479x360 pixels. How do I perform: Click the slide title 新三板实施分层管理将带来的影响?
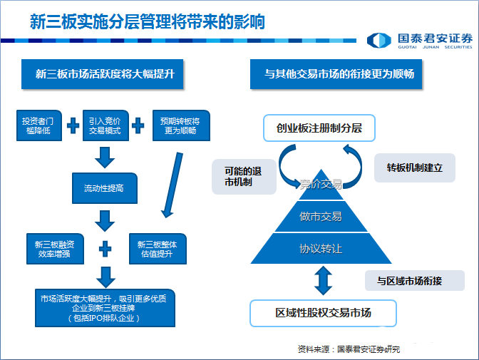click(x=147, y=21)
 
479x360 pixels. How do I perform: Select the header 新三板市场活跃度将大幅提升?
click(x=105, y=75)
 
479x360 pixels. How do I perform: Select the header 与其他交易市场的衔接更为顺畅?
click(x=339, y=75)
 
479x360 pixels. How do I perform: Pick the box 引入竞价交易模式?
click(x=105, y=124)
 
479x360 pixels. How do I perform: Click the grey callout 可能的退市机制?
click(x=244, y=176)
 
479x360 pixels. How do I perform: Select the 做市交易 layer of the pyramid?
click(x=321, y=217)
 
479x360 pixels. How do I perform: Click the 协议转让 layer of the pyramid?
click(x=321, y=249)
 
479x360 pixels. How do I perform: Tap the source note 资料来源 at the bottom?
click(x=349, y=349)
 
